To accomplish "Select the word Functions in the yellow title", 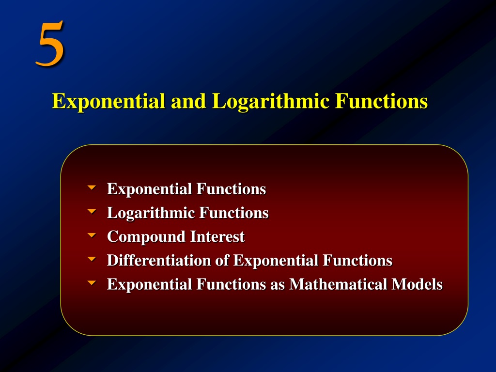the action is coord(381,101).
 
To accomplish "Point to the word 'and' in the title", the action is coord(188,101).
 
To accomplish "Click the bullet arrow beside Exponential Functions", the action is coord(92,187).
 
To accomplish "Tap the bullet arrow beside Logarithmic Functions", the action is coord(92,211).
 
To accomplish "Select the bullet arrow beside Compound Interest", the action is coord(92,235).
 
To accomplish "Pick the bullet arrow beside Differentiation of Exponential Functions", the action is coord(92,259).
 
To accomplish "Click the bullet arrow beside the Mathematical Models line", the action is coord(92,283).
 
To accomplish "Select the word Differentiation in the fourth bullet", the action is coord(159,260).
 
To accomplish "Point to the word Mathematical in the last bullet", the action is coord(338,284).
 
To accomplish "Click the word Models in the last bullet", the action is coord(417,284).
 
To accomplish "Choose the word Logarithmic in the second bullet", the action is coord(151,213).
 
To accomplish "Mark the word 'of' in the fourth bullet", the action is coord(222,260).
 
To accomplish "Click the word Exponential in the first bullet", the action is coord(150,189).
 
